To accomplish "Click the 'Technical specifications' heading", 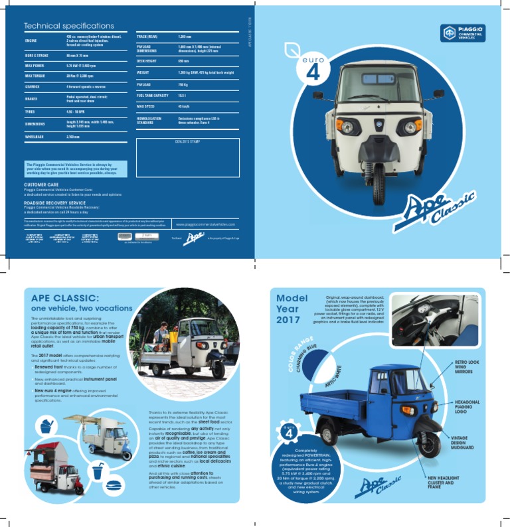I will pyautogui.click(x=69, y=26).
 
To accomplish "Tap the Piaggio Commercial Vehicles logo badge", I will pyautogui.click(x=462, y=33).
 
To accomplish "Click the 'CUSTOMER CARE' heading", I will pyautogui.click(x=41, y=185).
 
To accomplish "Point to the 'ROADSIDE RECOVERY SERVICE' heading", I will pyautogui.click(x=54, y=202).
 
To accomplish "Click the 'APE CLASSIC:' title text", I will pyautogui.click(x=65, y=298).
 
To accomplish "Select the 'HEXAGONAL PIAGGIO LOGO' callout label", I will pyautogui.click(x=467, y=407).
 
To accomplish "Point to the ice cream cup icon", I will pyautogui.click(x=46, y=427).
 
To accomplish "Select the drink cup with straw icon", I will pyautogui.click(x=98, y=471).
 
